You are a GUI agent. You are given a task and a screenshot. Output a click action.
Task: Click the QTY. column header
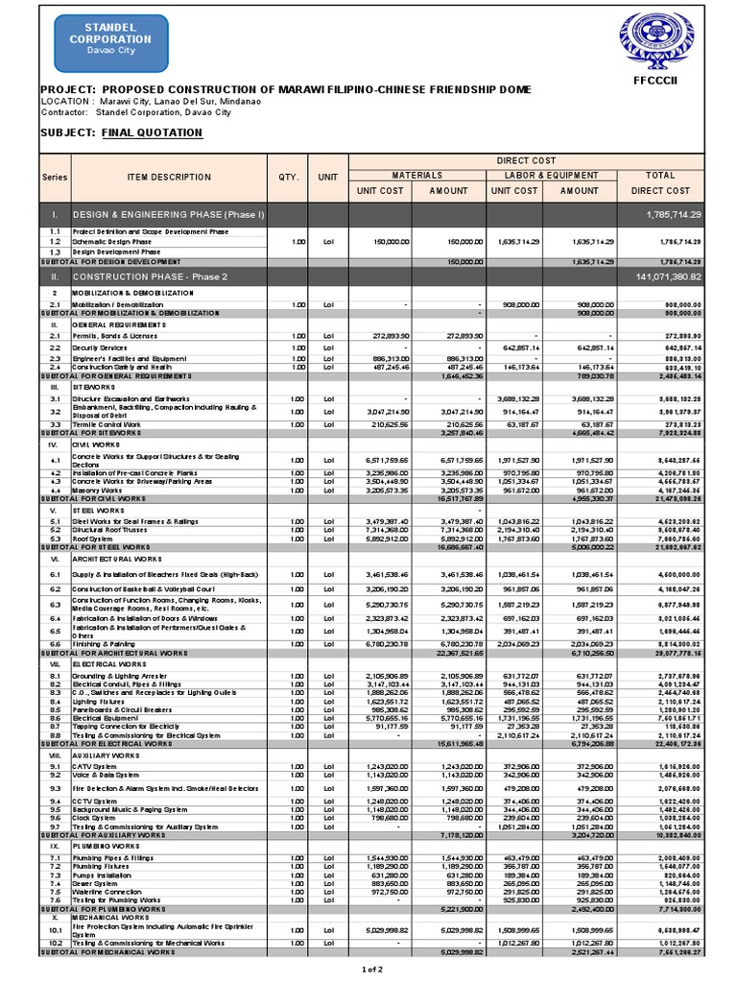coord(289,177)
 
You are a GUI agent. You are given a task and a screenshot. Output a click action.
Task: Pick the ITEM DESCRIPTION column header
coord(168,177)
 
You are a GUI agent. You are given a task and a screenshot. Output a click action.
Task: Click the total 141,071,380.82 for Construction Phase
coord(669,276)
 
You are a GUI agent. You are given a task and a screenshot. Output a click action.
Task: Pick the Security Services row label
coord(100,348)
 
